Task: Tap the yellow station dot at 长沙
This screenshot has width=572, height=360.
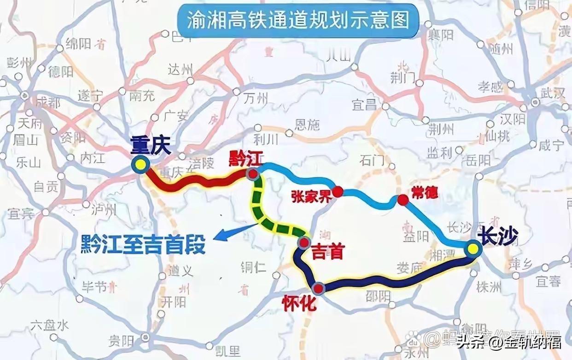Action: point(473,249)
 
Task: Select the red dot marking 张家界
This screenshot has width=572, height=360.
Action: point(338,192)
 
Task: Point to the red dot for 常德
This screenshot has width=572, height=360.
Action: point(403,200)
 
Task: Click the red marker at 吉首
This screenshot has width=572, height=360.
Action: point(304,243)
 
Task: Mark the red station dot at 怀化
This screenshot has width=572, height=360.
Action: point(318,289)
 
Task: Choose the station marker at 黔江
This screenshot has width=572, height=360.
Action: point(252,174)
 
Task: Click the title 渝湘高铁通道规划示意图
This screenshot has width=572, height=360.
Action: point(298,20)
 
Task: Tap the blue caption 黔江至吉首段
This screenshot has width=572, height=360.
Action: point(143,244)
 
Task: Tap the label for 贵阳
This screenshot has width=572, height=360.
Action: point(121,341)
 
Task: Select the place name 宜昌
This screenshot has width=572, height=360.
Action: point(364,105)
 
